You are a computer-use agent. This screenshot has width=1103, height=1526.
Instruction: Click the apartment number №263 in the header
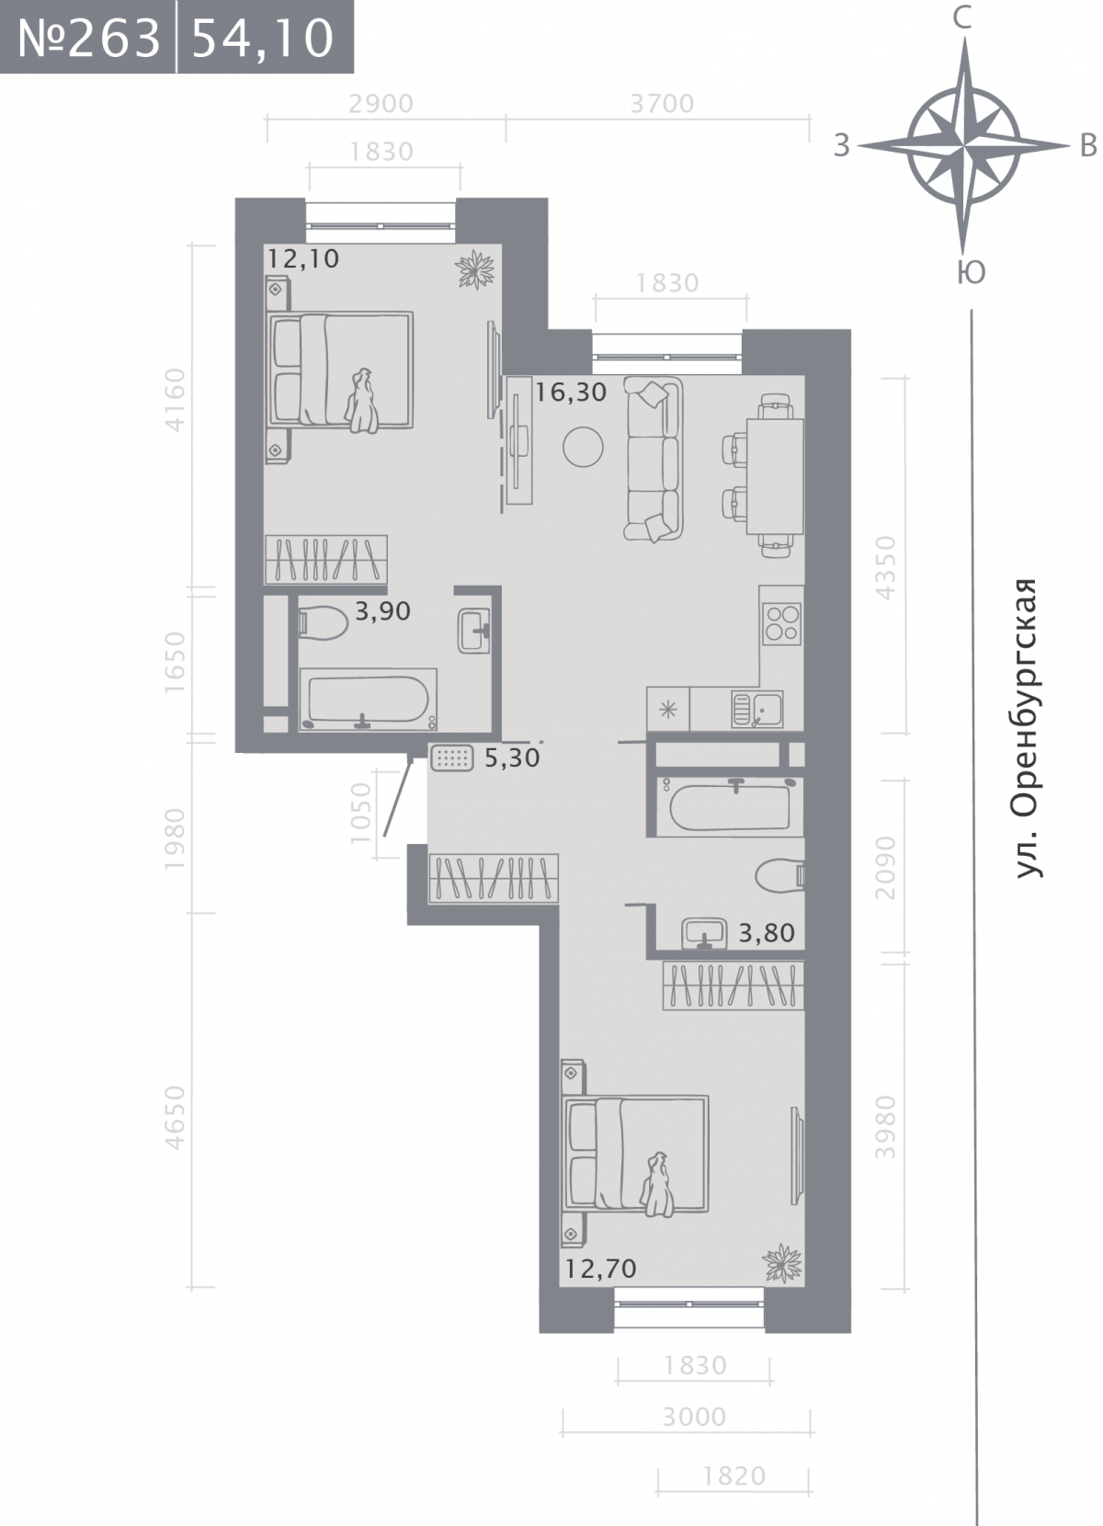[x=88, y=39]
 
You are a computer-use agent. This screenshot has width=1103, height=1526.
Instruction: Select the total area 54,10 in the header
[x=263, y=39]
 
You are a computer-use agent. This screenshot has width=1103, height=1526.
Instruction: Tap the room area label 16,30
[x=570, y=393]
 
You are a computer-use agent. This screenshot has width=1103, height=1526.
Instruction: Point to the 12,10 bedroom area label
[x=302, y=259]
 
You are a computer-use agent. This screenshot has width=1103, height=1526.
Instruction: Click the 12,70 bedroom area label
[x=601, y=1269]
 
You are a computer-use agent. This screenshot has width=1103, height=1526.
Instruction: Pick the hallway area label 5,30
[x=512, y=757]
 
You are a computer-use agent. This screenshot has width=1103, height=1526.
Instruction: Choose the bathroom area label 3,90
[x=382, y=611]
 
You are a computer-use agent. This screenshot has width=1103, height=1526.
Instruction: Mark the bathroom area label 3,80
[x=767, y=933]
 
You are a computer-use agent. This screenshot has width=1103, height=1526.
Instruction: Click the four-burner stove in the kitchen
[x=782, y=624]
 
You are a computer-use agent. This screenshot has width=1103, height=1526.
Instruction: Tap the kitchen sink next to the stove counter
[x=756, y=709]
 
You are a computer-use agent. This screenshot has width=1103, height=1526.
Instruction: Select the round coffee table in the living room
[x=583, y=447]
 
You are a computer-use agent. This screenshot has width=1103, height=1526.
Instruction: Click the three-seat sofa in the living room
[x=654, y=460]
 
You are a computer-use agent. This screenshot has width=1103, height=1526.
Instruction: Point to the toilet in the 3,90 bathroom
[x=324, y=622]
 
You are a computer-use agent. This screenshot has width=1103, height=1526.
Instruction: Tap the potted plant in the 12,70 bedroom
[x=782, y=1264]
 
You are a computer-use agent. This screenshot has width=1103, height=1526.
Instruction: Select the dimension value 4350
[x=885, y=567]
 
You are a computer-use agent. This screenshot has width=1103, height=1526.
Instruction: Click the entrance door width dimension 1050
[x=360, y=813]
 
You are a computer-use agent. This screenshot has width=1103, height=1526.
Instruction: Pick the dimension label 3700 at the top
[x=662, y=104]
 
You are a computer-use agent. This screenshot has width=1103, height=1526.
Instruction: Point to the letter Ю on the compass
[x=971, y=272]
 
